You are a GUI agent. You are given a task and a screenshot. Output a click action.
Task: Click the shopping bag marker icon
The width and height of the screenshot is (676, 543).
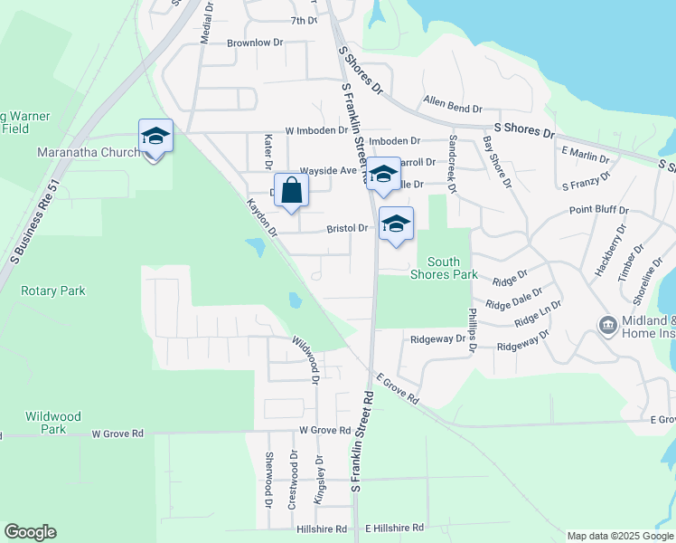pyautogui.click(x=291, y=191)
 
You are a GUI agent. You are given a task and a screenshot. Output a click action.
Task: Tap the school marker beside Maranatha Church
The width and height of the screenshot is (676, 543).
pyautogui.click(x=155, y=137)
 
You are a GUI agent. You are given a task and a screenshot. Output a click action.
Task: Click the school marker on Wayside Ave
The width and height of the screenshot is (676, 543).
pyautogui.click(x=383, y=175)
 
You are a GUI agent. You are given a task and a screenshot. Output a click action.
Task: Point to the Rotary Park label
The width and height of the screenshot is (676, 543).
pyautogui.click(x=54, y=291)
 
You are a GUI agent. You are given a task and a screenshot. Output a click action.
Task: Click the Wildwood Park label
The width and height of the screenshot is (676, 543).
pyautogui.click(x=53, y=423)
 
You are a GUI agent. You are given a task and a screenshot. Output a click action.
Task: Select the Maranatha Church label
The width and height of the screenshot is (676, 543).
pyautogui.click(x=88, y=152)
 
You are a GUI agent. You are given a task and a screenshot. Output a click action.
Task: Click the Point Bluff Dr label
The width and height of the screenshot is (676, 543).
pyautogui.click(x=598, y=210)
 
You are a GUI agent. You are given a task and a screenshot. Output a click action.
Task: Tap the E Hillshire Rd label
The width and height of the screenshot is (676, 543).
pyautogui.click(x=394, y=528)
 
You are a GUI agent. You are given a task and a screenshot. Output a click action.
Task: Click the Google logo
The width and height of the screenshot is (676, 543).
pyautogui.click(x=30, y=532)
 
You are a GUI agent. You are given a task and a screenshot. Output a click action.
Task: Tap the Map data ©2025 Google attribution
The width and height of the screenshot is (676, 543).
pyautogui.click(x=620, y=536)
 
